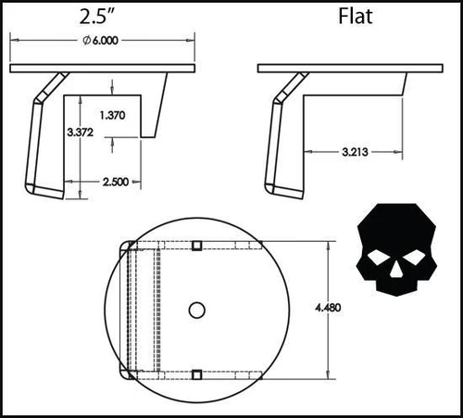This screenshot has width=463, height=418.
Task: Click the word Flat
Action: point(356,17)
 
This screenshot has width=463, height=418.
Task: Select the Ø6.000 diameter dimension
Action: point(100,41)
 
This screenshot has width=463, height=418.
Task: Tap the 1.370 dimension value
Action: point(113,115)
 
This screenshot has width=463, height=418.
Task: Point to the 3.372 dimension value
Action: point(81,133)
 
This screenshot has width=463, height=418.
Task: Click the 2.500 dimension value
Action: point(116,182)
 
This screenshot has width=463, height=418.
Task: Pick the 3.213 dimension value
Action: point(355,152)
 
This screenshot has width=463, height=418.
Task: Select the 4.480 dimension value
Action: point(328,308)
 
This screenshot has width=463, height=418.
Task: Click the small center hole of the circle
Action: point(197,310)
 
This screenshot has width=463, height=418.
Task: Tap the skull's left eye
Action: point(378,257)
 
